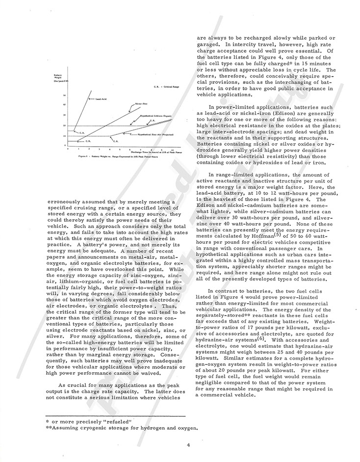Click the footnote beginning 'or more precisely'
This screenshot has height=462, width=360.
point(77,421)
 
